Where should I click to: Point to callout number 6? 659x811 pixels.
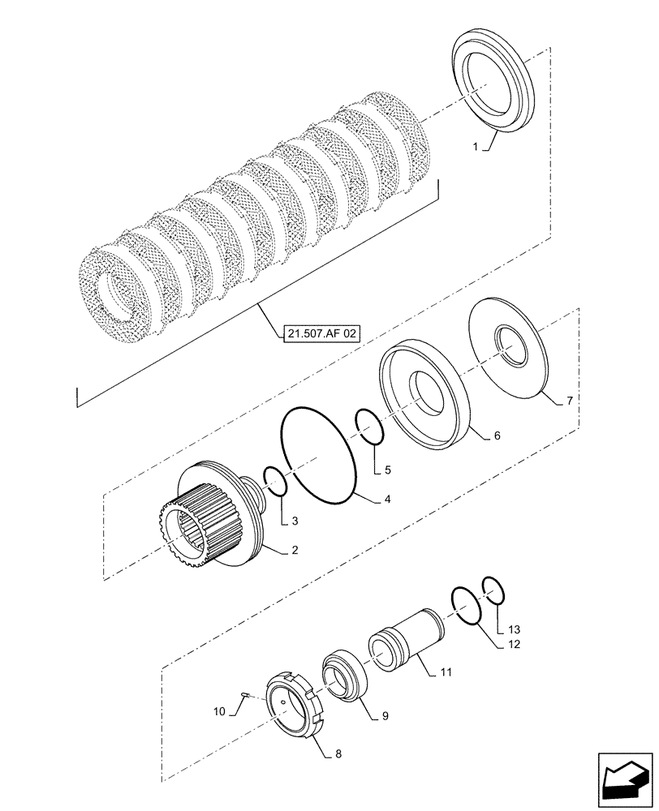(x=497, y=436)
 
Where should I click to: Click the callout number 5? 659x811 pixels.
(x=388, y=469)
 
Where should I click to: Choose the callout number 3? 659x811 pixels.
(x=295, y=521)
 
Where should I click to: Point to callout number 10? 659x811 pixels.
(x=219, y=711)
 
